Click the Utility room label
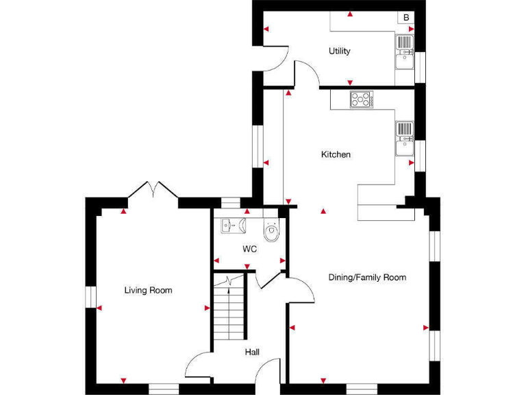(x=339, y=51)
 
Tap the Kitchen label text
(x=336, y=155)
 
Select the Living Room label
(x=148, y=291)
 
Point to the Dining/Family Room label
(x=367, y=278)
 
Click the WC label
(x=249, y=250)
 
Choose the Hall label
(x=252, y=352)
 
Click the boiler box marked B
(x=406, y=18)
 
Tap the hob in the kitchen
(x=361, y=100)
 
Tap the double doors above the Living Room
(x=153, y=190)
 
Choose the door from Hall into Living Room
(x=201, y=363)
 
